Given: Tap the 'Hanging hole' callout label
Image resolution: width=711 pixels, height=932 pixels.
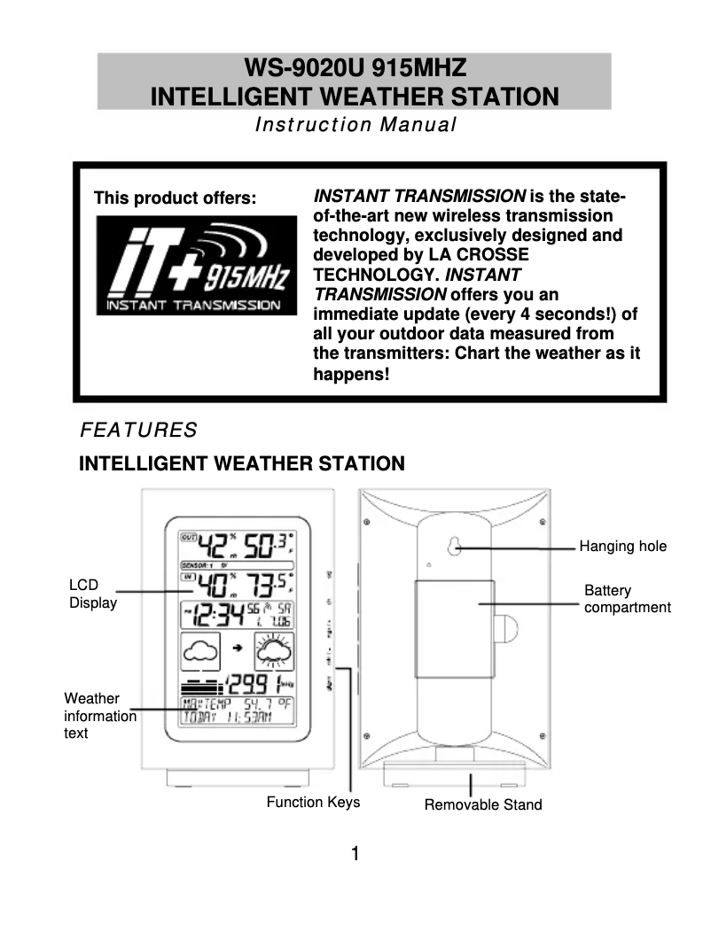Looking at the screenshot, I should [x=622, y=547].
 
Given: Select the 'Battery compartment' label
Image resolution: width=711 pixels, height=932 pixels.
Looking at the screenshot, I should [x=627, y=599].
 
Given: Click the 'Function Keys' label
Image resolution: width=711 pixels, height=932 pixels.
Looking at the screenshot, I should [x=313, y=803].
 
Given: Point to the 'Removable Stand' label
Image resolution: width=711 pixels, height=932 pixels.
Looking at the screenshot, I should [x=482, y=805].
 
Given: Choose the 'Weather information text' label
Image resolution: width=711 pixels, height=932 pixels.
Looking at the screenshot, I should [x=99, y=716].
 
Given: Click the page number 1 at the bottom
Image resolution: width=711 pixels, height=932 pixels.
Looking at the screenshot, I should [x=355, y=855].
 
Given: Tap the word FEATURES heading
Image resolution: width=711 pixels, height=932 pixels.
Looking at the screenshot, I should [x=138, y=431].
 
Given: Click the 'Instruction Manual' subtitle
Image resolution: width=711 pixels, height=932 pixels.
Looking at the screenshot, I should [x=355, y=125].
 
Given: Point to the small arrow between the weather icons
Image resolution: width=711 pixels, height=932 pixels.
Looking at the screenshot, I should [x=237, y=650].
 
